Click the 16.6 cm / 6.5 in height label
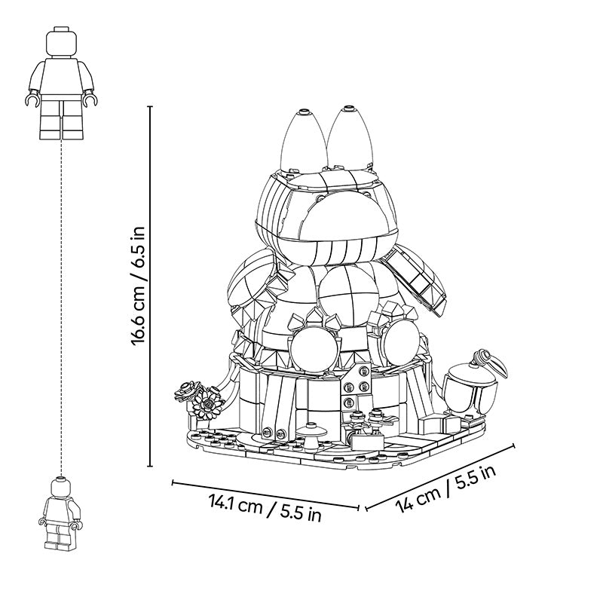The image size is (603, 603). click(138, 286)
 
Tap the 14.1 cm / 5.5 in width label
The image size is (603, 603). click(265, 507)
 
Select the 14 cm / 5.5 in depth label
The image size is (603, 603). click(445, 488)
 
